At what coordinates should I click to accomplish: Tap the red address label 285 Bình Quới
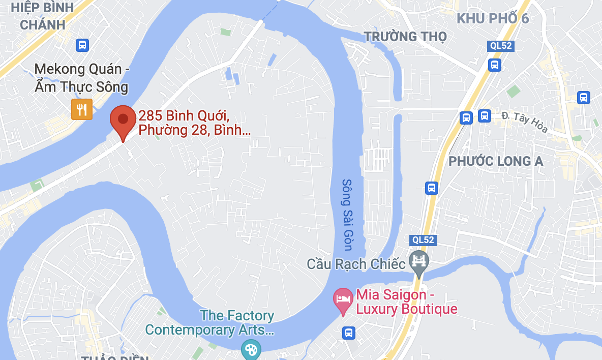[194, 124]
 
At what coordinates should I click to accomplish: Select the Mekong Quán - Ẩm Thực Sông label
[81, 78]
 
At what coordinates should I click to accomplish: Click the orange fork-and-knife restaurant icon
[82, 109]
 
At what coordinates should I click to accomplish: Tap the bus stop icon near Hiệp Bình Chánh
[82, 45]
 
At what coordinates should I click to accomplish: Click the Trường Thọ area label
[405, 37]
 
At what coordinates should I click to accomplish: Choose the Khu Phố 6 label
[492, 19]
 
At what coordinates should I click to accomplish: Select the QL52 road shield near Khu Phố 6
[501, 46]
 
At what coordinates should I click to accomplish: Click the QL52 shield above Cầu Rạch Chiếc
[423, 239]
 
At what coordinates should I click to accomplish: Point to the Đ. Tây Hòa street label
[524, 123]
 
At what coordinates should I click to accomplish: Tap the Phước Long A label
[496, 161]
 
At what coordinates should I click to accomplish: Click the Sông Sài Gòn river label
[347, 215]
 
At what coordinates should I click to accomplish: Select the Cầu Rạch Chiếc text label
[356, 264]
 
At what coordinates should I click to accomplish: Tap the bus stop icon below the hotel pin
[349, 333]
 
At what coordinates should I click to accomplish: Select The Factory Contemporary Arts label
[209, 323]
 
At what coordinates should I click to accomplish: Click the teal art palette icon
[251, 349]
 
